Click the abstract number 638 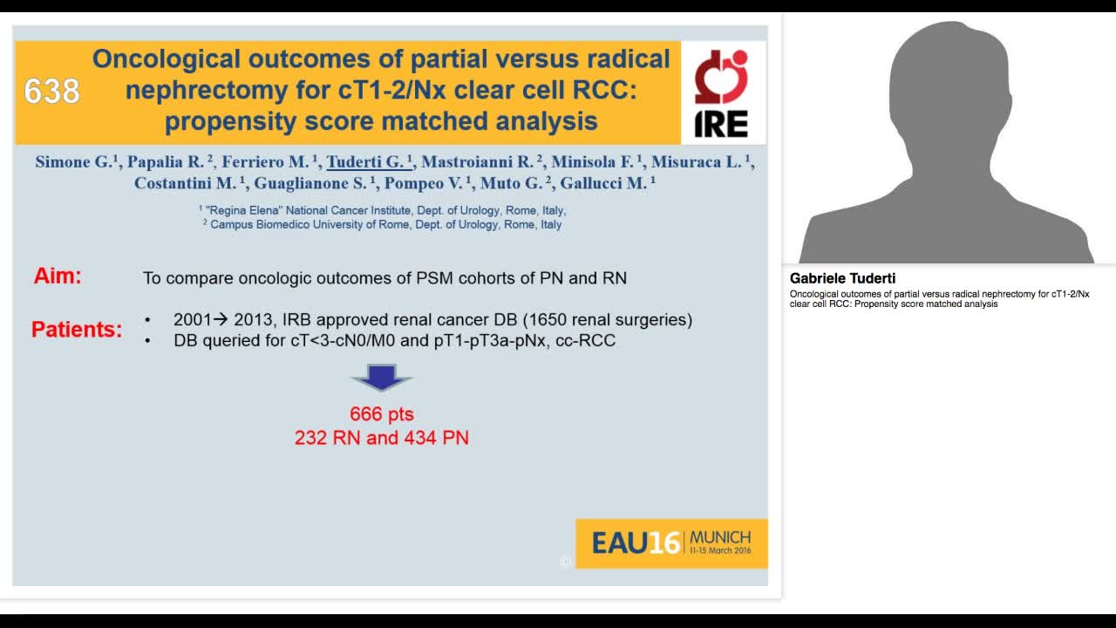[x=51, y=91]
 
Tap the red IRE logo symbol [x=721, y=77]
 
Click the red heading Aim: [x=58, y=276]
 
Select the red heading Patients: [x=77, y=330]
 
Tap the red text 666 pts [x=382, y=413]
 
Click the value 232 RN [x=327, y=438]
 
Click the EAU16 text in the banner [x=636, y=543]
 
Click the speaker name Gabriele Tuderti [x=842, y=278]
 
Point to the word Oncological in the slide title [x=166, y=59]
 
